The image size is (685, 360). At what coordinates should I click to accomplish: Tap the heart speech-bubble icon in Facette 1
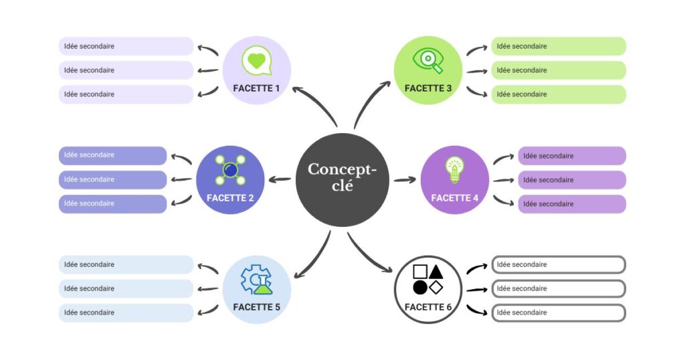(256, 62)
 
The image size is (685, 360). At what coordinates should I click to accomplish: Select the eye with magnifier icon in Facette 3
(428, 60)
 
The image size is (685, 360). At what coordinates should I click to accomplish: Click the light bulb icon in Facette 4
(455, 169)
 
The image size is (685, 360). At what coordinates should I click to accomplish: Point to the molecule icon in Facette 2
(230, 169)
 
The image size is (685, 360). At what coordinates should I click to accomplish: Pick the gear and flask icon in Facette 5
(256, 280)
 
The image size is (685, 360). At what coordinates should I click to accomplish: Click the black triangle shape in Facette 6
(436, 271)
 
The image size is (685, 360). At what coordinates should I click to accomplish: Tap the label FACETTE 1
(257, 88)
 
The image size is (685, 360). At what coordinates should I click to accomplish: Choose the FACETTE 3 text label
(428, 88)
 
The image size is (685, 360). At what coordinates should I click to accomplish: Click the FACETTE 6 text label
(428, 307)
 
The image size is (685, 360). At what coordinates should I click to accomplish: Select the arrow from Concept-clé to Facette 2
(279, 179)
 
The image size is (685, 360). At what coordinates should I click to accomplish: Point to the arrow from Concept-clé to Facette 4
(405, 179)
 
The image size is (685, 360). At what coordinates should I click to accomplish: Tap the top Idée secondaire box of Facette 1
(126, 46)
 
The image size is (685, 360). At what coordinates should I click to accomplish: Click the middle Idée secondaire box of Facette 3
(559, 70)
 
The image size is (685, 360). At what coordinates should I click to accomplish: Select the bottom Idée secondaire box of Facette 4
(572, 204)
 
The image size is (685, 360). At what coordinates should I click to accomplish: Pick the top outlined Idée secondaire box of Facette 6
(559, 264)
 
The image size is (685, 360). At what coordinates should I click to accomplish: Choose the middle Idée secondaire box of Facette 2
(113, 179)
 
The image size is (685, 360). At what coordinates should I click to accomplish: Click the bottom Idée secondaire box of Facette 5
(126, 312)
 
